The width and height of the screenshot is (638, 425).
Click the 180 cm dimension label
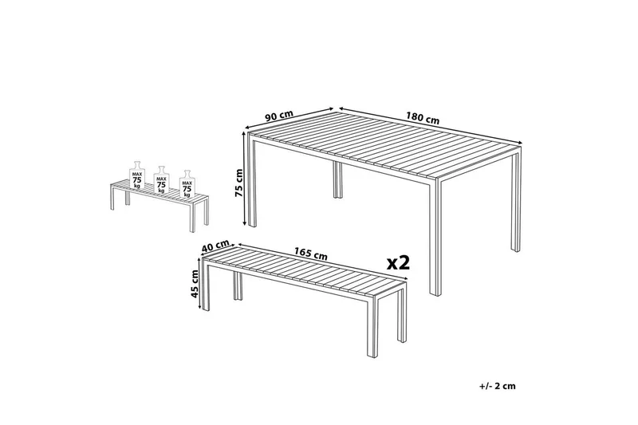(x=423, y=117)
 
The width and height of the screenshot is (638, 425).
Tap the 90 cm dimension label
(x=279, y=116)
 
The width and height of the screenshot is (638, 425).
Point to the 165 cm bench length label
(x=311, y=254)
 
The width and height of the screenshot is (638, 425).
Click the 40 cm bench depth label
(x=215, y=246)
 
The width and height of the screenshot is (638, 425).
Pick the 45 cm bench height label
(x=195, y=284)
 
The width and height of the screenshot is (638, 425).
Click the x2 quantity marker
(x=398, y=263)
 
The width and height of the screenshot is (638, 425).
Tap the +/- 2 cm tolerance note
(x=497, y=386)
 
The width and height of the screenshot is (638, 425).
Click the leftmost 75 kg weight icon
(x=137, y=175)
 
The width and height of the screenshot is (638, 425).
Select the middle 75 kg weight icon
(x=161, y=179)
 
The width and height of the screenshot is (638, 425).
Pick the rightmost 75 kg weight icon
(x=187, y=184)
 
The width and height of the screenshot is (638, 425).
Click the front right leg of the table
(x=435, y=237)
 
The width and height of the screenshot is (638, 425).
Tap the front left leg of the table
(x=252, y=181)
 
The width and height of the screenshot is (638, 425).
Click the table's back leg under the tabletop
(x=337, y=179)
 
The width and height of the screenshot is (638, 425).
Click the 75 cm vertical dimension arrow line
(x=245, y=178)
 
